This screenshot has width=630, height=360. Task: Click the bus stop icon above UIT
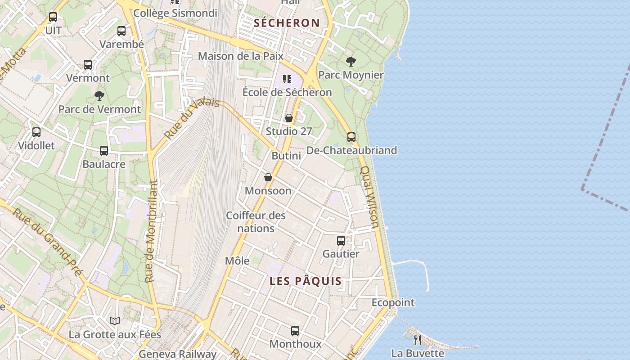click(x=53, y=17)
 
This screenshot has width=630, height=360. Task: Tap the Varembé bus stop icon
click(x=121, y=31)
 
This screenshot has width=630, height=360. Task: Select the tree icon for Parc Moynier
click(x=351, y=61)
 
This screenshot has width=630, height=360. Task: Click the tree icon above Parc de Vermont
click(x=99, y=95)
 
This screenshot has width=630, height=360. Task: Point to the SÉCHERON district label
click(x=287, y=23)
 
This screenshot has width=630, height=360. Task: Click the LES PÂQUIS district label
click(x=306, y=281)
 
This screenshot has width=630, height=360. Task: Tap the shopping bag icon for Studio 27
click(x=289, y=118)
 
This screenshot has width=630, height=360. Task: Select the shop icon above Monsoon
click(x=268, y=177)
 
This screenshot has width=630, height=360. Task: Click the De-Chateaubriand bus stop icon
click(x=351, y=137)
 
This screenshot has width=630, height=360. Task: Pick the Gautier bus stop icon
click(x=341, y=241)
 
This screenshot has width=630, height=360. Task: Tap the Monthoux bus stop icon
click(x=295, y=331)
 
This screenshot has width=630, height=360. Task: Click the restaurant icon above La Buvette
click(x=418, y=340)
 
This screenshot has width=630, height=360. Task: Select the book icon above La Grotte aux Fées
click(x=115, y=321)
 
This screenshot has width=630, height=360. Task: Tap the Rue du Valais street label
click(x=191, y=118)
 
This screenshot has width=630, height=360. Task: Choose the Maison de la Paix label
click(x=241, y=56)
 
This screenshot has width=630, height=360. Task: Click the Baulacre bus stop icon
click(x=104, y=151)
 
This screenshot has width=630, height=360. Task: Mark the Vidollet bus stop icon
click(x=36, y=132)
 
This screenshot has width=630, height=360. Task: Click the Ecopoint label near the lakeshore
click(x=393, y=302)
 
